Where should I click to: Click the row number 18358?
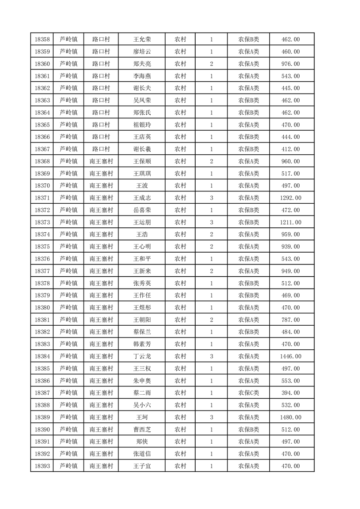[x=42, y=39]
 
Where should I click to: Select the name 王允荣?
[x=142, y=39]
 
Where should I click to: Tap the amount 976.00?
[x=291, y=64]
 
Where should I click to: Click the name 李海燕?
[x=142, y=76]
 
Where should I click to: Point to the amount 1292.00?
[x=291, y=198]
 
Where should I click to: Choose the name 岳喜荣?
[x=142, y=210]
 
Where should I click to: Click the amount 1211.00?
[x=291, y=222]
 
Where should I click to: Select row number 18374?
[x=42, y=235]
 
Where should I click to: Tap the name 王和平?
[x=142, y=259]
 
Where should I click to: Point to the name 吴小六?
[x=142, y=405]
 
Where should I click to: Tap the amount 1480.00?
[x=291, y=417]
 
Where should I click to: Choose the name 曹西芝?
[x=142, y=430]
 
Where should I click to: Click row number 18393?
[x=42, y=466]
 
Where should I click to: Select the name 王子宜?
[x=142, y=466]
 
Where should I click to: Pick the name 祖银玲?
[x=142, y=125]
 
